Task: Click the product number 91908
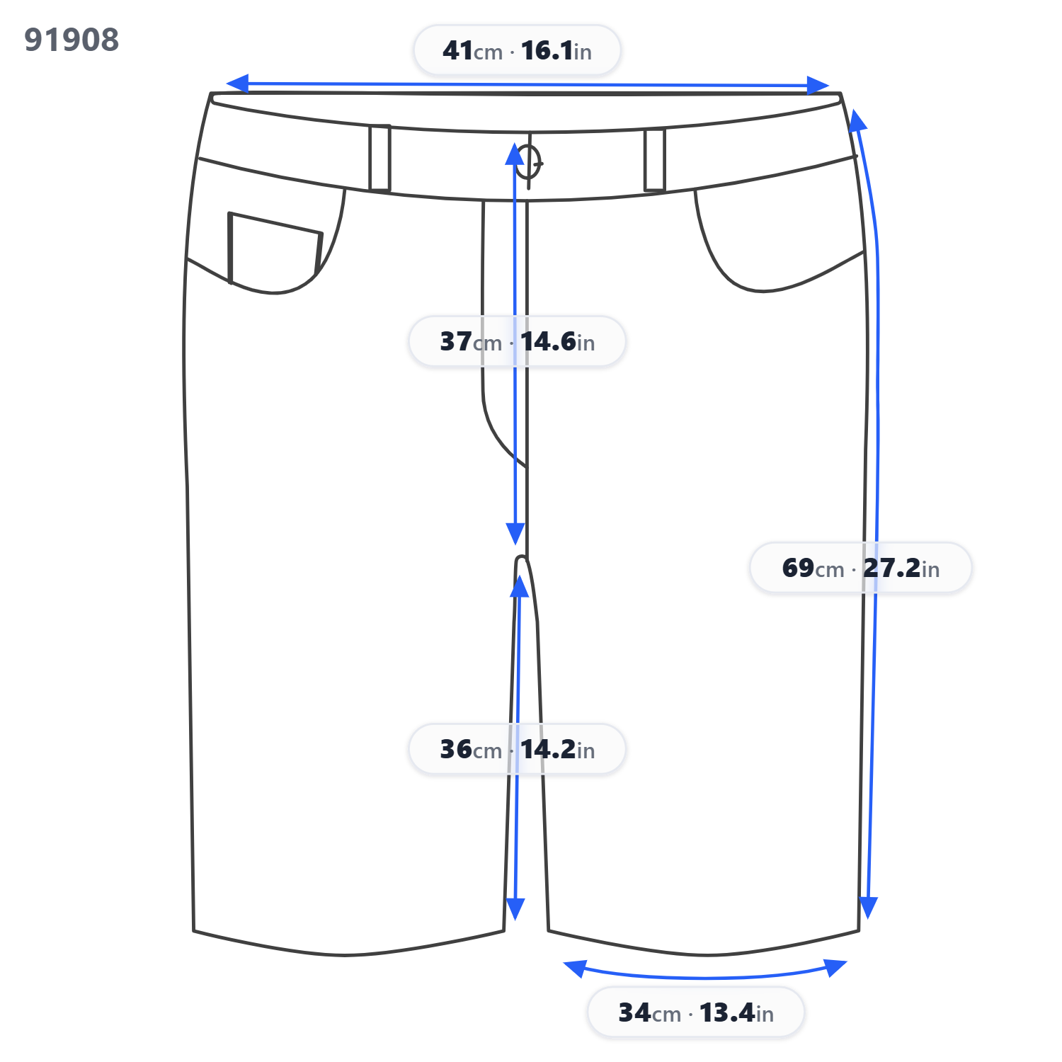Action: pos(72,40)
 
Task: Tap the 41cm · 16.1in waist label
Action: pos(517,50)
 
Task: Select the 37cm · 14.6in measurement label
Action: pos(517,341)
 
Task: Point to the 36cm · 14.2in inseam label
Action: pos(517,749)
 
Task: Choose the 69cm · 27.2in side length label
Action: pos(860,568)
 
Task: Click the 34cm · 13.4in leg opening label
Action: pos(696,1012)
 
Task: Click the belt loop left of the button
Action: pos(379,158)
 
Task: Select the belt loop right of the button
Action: pos(655,160)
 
